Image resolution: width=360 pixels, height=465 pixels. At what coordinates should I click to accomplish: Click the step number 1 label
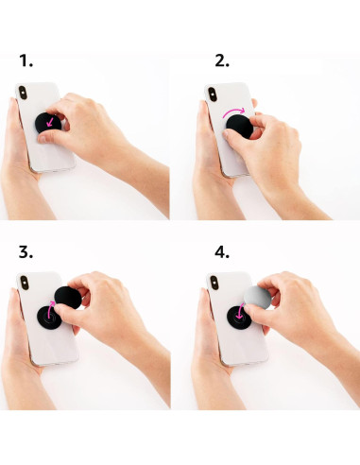pos(26,61)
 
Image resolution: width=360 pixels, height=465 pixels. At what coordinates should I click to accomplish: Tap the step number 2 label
pos(222,61)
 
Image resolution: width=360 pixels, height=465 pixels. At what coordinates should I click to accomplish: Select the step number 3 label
pos(26,252)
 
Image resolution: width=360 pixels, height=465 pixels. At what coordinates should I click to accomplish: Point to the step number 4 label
pos(222,252)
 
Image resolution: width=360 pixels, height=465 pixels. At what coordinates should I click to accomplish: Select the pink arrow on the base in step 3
pos(46,313)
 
